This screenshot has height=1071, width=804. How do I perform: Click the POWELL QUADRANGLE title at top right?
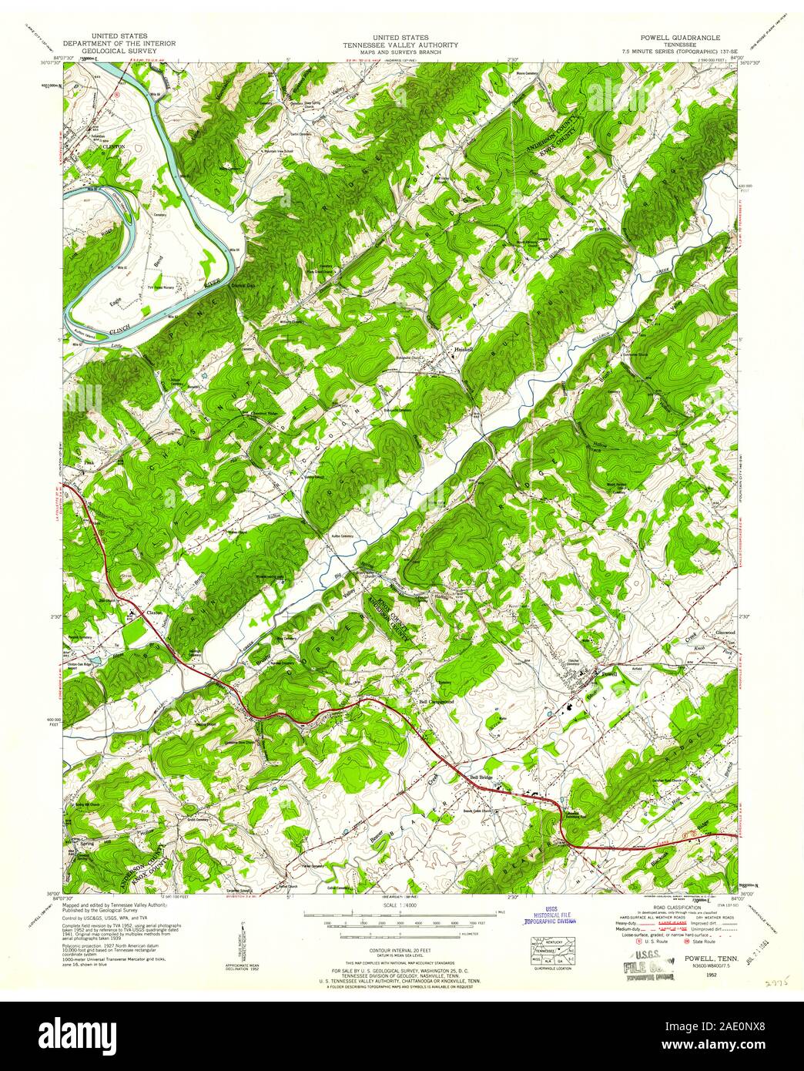[664, 36]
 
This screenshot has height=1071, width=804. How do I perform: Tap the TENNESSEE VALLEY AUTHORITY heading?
[401, 44]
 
